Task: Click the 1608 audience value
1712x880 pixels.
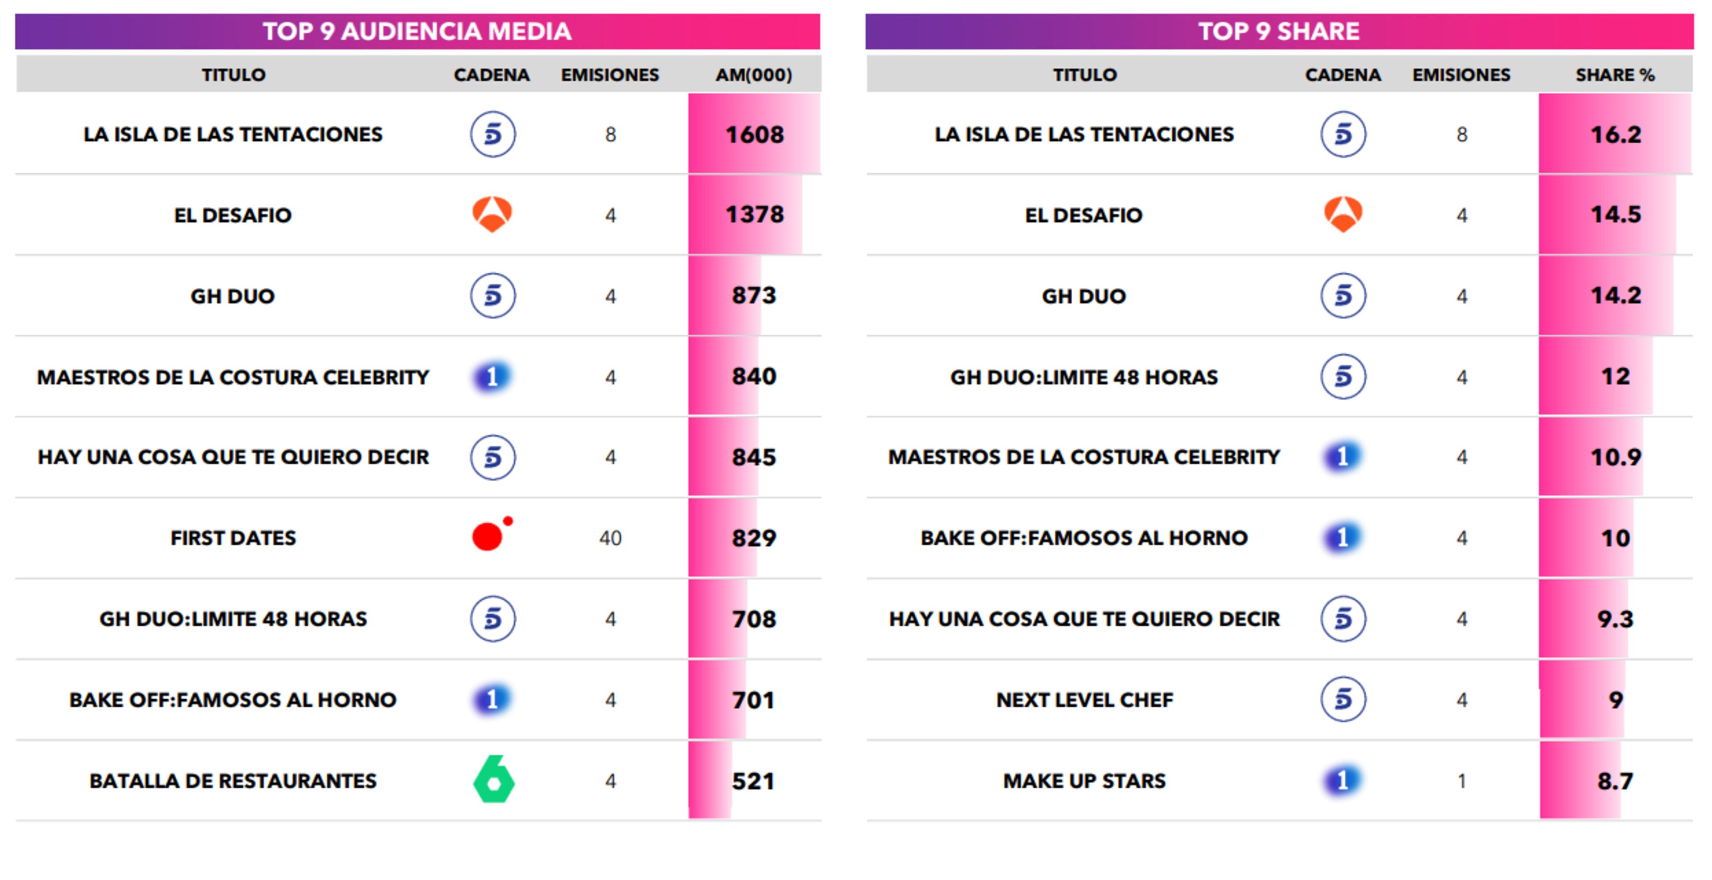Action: tap(754, 135)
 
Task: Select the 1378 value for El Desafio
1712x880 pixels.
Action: tap(754, 215)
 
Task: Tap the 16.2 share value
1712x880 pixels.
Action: tap(1615, 135)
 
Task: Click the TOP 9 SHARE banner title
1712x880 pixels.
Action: tap(1279, 31)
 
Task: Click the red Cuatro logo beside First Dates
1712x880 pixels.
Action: tap(490, 535)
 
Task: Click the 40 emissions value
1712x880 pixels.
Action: tap(610, 538)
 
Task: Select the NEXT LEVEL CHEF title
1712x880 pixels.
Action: tap(1084, 700)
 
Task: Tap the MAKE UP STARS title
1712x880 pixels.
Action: tap(1084, 781)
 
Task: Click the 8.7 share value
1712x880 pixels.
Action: tap(1615, 781)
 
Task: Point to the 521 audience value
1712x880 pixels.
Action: tap(753, 781)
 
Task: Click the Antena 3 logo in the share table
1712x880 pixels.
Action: tap(1343, 214)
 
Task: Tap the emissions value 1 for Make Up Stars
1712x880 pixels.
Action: tap(1461, 781)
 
